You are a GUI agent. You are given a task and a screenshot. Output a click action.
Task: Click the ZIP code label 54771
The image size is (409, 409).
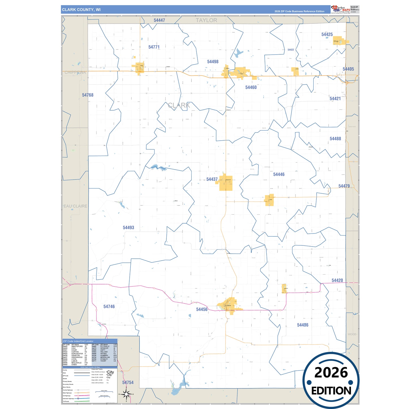[154, 47]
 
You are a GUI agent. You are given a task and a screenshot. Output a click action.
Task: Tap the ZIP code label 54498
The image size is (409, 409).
[213, 62]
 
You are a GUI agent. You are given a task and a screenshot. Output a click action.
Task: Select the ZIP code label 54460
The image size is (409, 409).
[251, 87]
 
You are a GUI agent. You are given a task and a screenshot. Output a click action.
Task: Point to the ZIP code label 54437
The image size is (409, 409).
[212, 179]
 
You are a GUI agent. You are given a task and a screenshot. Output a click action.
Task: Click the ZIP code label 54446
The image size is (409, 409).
[279, 174]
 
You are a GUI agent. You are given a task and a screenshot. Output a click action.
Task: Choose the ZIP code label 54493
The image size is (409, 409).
[129, 228]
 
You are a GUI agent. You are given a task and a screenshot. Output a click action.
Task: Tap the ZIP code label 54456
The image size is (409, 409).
[202, 309]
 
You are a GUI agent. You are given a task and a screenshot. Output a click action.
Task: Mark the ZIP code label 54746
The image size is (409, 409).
[109, 307]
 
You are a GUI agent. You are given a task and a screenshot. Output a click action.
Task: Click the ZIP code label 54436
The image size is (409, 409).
[303, 325]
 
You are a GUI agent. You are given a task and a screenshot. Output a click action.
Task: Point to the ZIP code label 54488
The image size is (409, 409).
[335, 139]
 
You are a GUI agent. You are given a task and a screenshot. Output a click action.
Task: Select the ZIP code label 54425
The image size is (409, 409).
[327, 35]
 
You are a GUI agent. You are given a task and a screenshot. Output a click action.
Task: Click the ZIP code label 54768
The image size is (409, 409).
[88, 95]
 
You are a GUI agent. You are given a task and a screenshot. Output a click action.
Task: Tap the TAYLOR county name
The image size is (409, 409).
[207, 20]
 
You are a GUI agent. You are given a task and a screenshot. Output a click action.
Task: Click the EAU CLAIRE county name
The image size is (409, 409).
[75, 206]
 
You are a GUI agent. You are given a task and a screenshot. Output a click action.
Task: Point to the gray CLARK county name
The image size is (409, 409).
[179, 106]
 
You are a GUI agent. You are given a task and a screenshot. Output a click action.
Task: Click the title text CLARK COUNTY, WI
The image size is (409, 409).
[81, 10]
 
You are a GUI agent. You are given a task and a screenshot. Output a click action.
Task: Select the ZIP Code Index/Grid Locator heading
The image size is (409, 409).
[78, 341]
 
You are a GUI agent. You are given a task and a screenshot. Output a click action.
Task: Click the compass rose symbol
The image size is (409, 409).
[127, 394]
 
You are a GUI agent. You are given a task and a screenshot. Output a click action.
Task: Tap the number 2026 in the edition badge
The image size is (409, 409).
[331, 372]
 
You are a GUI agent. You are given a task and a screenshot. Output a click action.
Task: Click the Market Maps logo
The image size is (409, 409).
[341, 9]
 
